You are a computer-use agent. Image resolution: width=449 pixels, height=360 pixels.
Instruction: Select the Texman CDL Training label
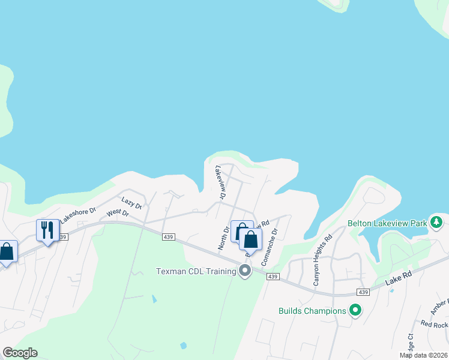pos(196,271)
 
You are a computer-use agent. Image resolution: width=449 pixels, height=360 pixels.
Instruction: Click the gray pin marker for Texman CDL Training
pos(244,271)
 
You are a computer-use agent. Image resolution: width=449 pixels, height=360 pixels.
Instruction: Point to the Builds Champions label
pos(312,311)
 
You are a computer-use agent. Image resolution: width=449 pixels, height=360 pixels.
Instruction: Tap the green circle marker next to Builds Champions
pos(355,311)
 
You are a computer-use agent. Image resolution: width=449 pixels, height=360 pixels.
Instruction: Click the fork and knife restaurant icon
pos(47,230)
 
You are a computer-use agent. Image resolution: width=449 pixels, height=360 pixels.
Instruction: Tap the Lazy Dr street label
pos(131,203)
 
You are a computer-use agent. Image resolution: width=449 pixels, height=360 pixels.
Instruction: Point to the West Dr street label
pos(118,213)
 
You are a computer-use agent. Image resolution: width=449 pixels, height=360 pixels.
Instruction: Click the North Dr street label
pos(224,237)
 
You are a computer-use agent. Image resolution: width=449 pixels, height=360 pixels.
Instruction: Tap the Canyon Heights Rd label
pos(322,259)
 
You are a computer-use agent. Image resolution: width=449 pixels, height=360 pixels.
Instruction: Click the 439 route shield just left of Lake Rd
pos(362,292)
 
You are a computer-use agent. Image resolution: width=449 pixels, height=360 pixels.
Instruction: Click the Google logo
pos(20,353)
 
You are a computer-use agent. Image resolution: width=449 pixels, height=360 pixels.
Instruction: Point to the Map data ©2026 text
pos(423,355)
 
